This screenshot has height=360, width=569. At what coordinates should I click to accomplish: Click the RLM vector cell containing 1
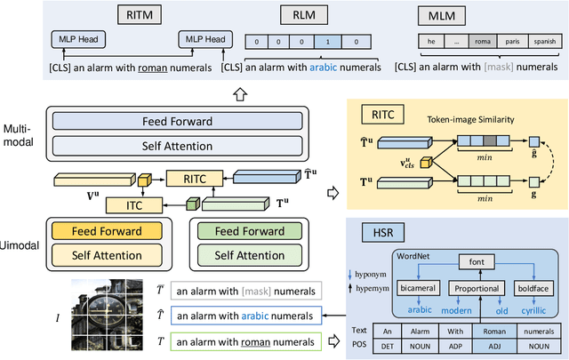coord(329,42)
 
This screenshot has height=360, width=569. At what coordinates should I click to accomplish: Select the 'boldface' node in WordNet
coord(533,289)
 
